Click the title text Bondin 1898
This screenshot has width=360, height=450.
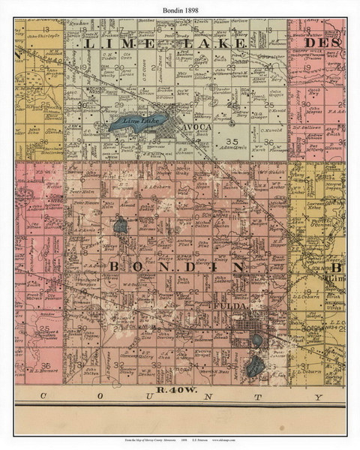pyautogui.click(x=180, y=7)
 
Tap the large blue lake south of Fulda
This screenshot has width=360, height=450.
pyautogui.click(x=253, y=366)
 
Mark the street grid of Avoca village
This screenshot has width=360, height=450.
pyautogui.click(x=181, y=133)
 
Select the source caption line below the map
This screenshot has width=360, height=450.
pyautogui.click(x=180, y=438)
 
